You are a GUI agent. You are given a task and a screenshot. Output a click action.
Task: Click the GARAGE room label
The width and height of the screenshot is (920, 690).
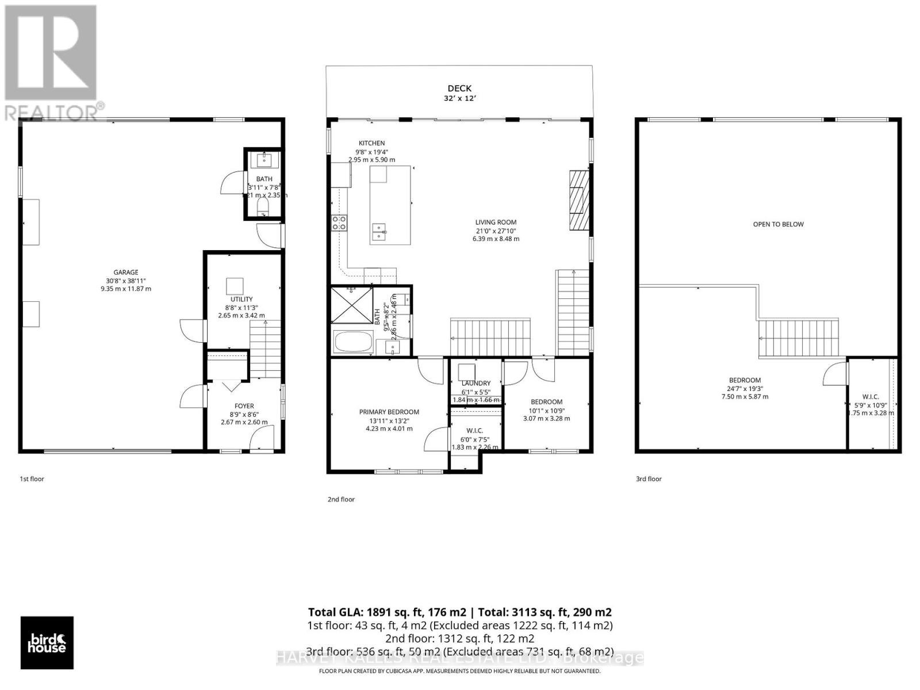pyautogui.click(x=125, y=273)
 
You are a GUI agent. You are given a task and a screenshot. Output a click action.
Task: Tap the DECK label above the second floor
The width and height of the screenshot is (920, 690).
pyautogui.click(x=459, y=88)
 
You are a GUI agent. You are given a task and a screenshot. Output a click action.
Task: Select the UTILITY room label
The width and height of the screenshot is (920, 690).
pyautogui.click(x=241, y=299)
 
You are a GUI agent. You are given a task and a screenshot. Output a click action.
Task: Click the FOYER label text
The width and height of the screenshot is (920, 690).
pyautogui.click(x=244, y=406)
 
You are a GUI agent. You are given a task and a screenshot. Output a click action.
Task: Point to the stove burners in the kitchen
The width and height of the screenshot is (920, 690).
pyautogui.click(x=339, y=222)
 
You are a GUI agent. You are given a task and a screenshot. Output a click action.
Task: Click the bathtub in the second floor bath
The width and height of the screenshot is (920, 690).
pyautogui.click(x=353, y=342)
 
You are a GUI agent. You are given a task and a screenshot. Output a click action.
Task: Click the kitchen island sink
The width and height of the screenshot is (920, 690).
pyautogui.click(x=379, y=231)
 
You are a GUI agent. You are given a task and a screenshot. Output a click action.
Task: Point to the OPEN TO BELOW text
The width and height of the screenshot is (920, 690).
pyautogui.click(x=778, y=224)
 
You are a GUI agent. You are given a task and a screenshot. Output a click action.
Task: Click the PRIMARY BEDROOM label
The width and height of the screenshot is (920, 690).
pyautogui.click(x=389, y=412)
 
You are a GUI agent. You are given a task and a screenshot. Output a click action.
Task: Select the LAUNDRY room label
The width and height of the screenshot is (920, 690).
pyautogui.click(x=476, y=384)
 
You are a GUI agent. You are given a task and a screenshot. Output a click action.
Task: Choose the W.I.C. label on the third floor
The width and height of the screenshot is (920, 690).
pyautogui.click(x=870, y=397)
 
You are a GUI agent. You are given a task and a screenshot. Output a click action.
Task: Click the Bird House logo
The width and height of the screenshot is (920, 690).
pyautogui.click(x=47, y=643)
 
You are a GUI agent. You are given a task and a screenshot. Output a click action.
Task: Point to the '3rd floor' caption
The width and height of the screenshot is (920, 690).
pyautogui.click(x=649, y=478)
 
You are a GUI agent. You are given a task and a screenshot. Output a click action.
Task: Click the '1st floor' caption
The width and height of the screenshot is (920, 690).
pyautogui.click(x=32, y=478)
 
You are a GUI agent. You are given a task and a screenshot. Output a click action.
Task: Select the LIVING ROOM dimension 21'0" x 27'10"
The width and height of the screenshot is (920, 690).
pyautogui.click(x=496, y=231)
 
